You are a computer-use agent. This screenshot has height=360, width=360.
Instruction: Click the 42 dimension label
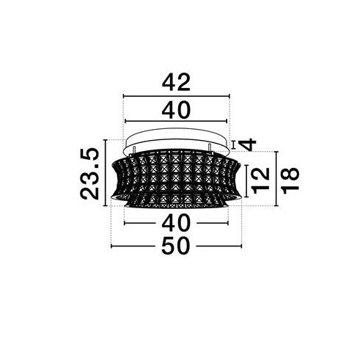[x=176, y=82]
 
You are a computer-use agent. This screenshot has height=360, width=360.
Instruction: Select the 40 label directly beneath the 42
[x=176, y=110]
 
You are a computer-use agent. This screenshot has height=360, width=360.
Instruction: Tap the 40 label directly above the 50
[x=176, y=223]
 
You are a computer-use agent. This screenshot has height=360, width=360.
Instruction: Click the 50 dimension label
[x=176, y=246]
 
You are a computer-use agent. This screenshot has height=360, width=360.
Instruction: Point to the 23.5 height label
[x=89, y=174]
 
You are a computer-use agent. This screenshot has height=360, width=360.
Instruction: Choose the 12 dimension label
[x=260, y=180]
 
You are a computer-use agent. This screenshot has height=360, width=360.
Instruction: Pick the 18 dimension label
[x=290, y=180]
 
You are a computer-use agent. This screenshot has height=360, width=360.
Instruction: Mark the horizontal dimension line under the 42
[x=177, y=96]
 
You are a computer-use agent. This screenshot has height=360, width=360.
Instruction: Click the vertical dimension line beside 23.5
[x=106, y=173]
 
